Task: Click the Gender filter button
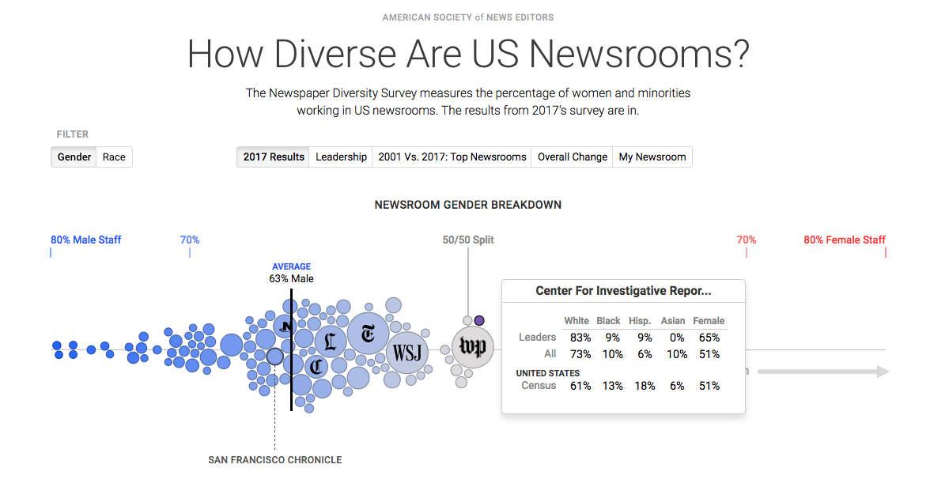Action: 74,157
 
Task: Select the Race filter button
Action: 114,157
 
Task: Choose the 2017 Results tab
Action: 274,157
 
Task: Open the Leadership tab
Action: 341,157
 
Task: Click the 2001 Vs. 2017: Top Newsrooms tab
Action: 452,157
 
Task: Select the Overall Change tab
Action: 573,157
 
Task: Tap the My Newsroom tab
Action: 652,157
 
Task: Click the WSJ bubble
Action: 407,353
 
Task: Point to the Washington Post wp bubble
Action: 473,347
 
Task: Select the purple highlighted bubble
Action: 479,320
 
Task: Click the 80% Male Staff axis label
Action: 86,240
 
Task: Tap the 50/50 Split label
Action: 468,240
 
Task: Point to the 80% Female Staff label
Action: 845,240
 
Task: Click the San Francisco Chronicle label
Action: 275,460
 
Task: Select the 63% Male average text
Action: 291,278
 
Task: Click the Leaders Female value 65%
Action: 709,338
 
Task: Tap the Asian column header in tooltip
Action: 673,321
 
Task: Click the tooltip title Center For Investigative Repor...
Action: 623,291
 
